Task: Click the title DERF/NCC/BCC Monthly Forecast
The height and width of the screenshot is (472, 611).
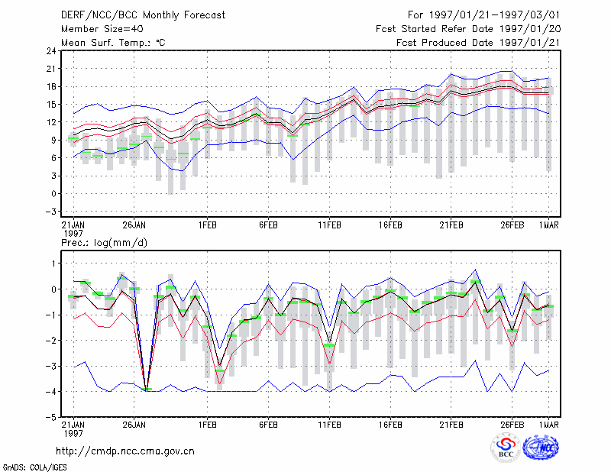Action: (x=143, y=15)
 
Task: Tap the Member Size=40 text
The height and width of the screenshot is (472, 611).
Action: (x=102, y=29)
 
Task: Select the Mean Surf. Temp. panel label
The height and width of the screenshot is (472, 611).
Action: (x=113, y=43)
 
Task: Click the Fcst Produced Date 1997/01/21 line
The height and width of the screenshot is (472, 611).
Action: (x=478, y=43)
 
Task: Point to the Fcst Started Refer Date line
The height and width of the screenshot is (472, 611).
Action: (x=468, y=29)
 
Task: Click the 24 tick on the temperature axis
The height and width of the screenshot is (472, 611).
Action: (x=52, y=51)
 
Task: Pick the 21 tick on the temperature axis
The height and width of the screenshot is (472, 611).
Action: (x=52, y=69)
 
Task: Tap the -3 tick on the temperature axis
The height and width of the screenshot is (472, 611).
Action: (x=50, y=212)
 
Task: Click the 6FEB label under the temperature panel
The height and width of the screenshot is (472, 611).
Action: (x=269, y=225)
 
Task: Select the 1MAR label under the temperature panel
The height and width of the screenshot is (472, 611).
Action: (x=548, y=225)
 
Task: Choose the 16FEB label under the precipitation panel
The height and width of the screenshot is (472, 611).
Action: (x=390, y=425)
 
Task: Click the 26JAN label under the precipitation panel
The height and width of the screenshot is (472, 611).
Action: (x=134, y=425)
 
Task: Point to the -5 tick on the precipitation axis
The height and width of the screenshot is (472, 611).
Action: (x=50, y=417)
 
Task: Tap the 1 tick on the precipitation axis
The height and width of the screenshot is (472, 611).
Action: (x=54, y=263)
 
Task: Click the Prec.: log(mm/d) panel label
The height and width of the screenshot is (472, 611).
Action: (x=104, y=243)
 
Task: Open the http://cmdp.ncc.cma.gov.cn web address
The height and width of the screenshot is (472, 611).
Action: (x=125, y=451)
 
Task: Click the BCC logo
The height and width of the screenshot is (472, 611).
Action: (x=506, y=448)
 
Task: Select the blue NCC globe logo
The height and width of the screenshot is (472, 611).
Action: (x=541, y=448)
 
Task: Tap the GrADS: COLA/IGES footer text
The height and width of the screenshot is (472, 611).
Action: (x=35, y=467)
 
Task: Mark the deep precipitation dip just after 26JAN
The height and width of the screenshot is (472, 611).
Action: (x=147, y=390)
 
